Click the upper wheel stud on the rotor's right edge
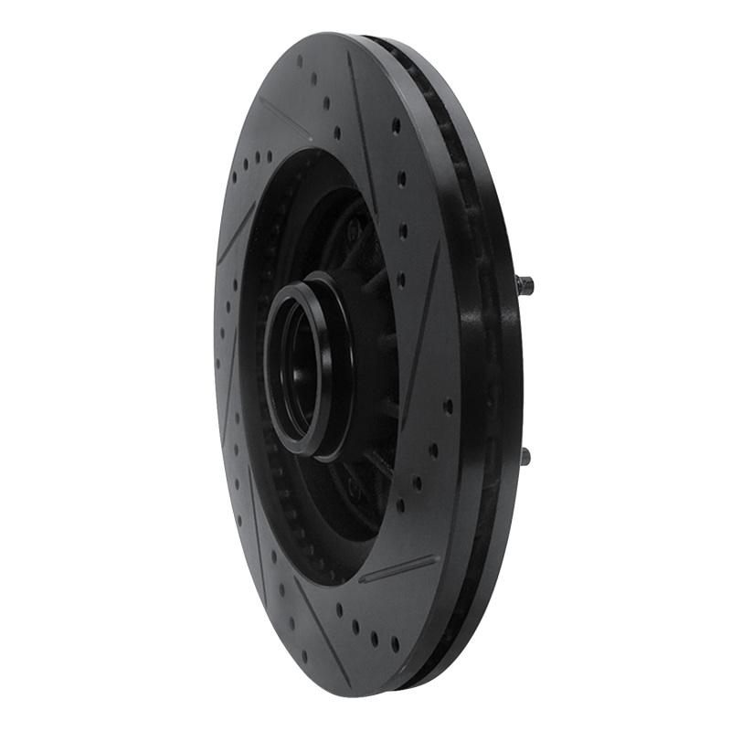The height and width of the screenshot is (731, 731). coord(524,284)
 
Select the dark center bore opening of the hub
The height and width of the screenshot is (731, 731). coord(297,370)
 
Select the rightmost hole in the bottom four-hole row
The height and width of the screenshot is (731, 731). coord(395,643)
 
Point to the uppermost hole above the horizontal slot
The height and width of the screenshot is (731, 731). coord(448,406)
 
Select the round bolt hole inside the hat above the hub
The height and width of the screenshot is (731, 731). coord(353,233)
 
